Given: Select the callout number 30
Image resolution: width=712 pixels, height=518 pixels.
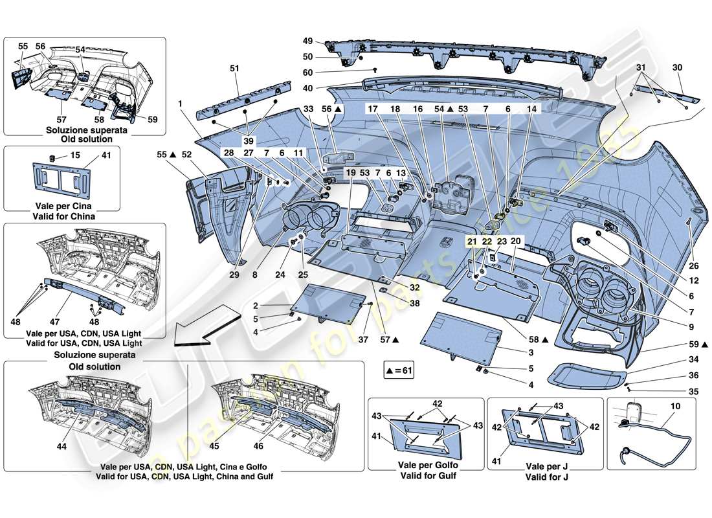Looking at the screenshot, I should [678, 67].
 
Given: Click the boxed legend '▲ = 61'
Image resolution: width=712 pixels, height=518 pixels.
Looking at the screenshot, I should [397, 371].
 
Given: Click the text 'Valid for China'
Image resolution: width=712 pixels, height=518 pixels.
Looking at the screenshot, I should [61, 216].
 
